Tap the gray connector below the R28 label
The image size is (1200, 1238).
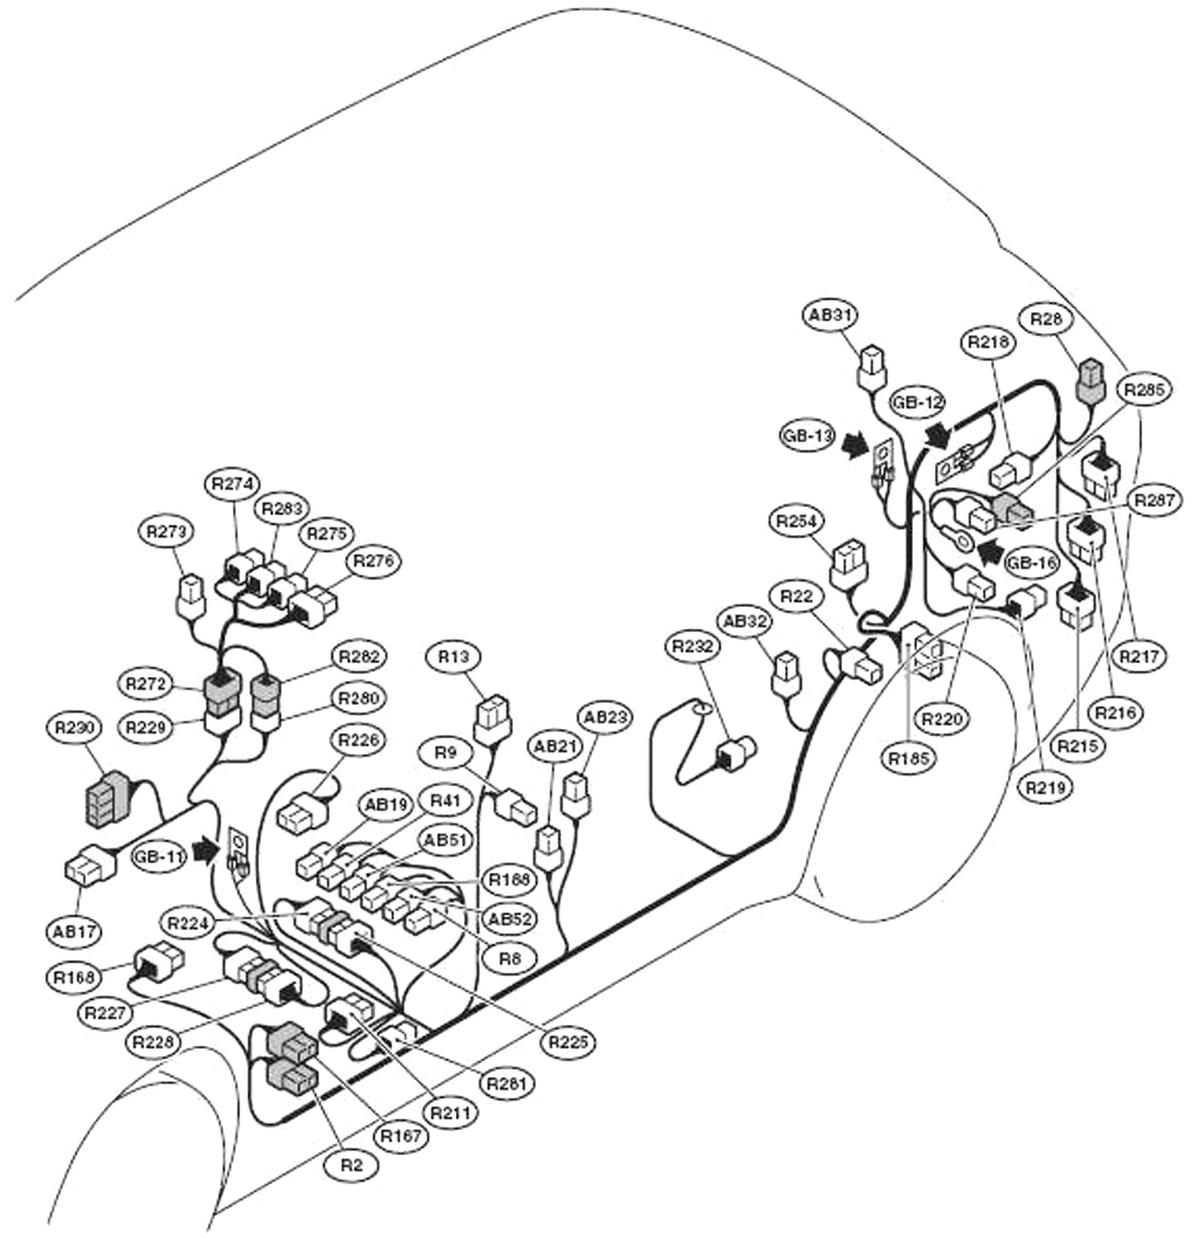tap(1090, 379)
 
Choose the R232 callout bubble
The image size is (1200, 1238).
tap(693, 647)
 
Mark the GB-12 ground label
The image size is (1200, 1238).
tap(917, 402)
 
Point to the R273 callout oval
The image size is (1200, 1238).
tap(166, 530)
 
